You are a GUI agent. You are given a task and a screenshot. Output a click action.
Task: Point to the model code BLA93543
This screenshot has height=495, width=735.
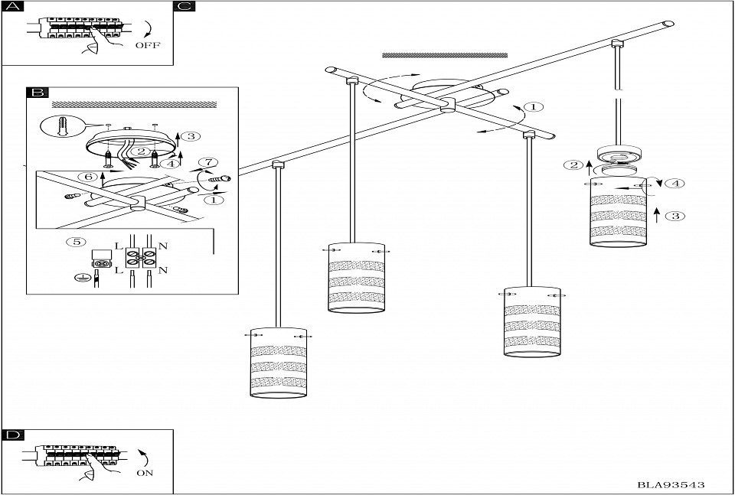click(x=671, y=485)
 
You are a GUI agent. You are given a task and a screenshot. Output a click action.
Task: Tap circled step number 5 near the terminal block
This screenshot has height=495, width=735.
click(x=75, y=243)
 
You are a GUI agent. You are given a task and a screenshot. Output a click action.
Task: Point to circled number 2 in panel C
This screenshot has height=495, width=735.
click(x=572, y=164)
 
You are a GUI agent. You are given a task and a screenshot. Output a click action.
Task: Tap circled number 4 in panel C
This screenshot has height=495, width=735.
click(x=674, y=184)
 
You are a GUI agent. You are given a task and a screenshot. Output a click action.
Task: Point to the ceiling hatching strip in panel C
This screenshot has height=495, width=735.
click(x=444, y=55)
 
